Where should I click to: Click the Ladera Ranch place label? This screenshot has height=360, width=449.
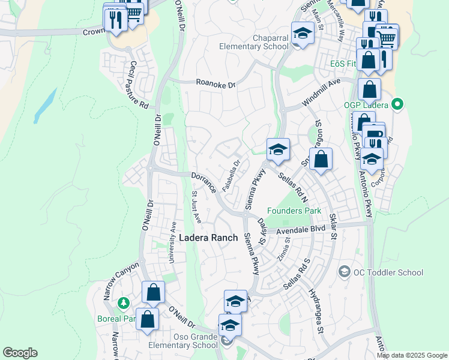[209, 238]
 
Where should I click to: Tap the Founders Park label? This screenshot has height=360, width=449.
[294, 211]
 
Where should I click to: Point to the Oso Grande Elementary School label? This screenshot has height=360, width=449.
[188, 340]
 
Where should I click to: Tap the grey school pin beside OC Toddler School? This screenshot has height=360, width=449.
[344, 272]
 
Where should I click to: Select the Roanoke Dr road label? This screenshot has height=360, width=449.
[215, 85]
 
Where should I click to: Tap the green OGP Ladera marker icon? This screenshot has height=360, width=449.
[396, 105]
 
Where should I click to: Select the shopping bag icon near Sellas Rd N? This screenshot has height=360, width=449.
[321, 160]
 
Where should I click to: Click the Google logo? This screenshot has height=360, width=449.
[20, 353]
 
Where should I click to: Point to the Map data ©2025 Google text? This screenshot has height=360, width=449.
[412, 355]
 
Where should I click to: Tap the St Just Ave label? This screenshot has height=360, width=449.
[196, 207]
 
